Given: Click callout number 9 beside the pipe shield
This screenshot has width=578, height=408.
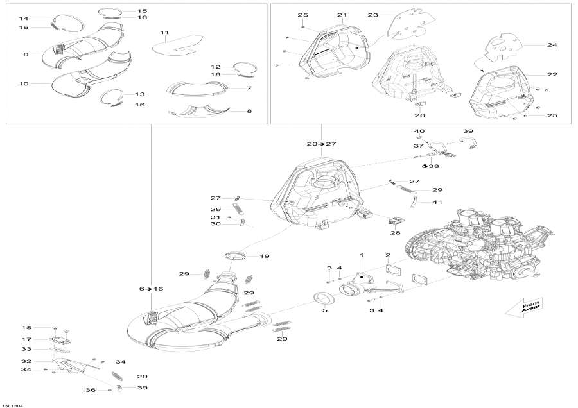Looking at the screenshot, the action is (26, 55).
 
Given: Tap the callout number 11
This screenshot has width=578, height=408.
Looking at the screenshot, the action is (164, 33).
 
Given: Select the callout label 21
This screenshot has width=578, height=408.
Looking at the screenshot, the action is (342, 15).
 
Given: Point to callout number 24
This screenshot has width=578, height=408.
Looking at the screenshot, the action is (552, 44).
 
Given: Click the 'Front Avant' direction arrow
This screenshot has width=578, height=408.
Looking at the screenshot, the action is (523, 307).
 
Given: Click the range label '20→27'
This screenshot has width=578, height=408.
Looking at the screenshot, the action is (322, 144).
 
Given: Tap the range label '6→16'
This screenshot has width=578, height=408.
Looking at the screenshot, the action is (151, 289).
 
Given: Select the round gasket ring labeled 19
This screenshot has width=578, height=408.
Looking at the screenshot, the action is (234, 256).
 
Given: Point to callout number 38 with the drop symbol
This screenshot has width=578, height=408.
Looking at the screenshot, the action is (431, 166).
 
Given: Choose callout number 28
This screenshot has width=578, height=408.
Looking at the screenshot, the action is (395, 232).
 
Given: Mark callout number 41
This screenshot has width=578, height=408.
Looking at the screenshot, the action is (437, 202).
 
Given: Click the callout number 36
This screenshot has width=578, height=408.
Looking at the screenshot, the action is (91, 390).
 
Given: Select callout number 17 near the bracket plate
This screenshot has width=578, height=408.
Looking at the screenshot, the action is (26, 339).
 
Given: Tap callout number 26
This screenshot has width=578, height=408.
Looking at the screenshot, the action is (419, 115).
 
